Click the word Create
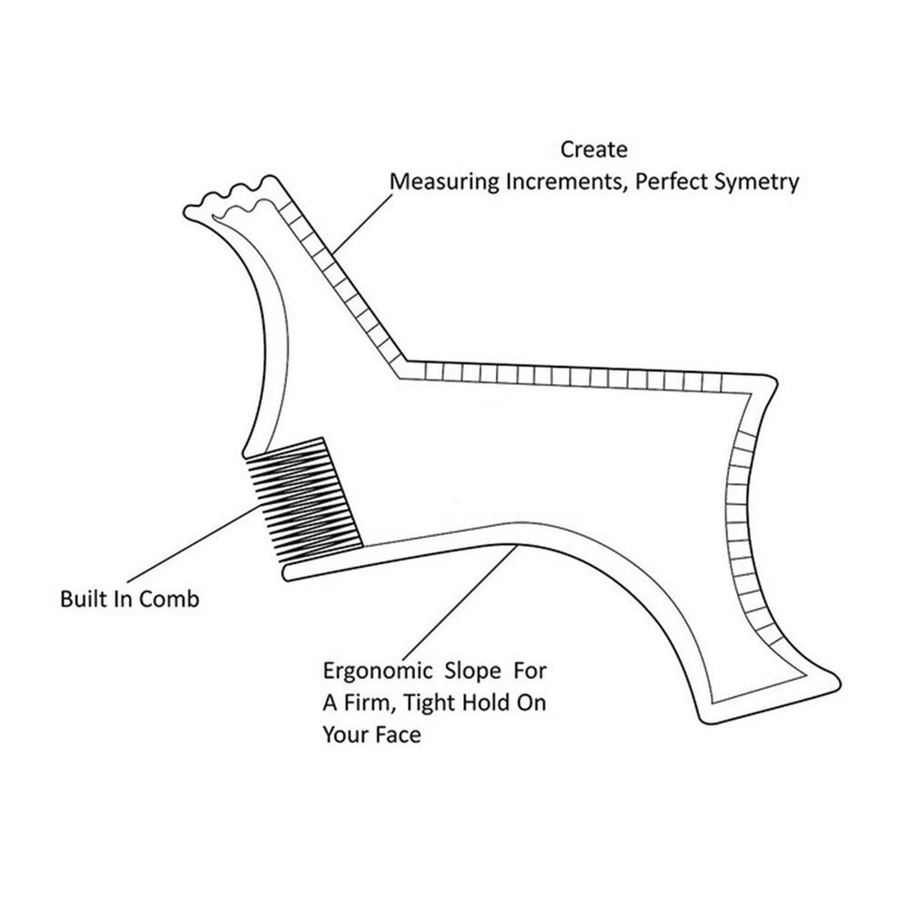point(593,149)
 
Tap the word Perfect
point(668,181)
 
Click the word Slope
point(472,672)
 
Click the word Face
point(398,734)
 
